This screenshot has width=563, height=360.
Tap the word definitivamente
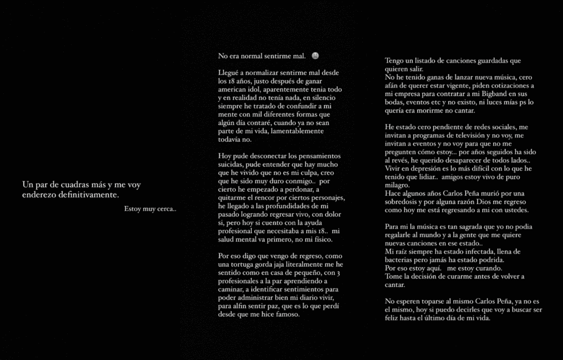coord(89,195)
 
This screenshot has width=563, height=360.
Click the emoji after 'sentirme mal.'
coord(315,56)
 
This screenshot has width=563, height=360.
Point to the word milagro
coord(398,185)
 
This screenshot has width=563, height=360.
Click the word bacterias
coord(402,260)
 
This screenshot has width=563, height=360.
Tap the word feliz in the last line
coord(394,318)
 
